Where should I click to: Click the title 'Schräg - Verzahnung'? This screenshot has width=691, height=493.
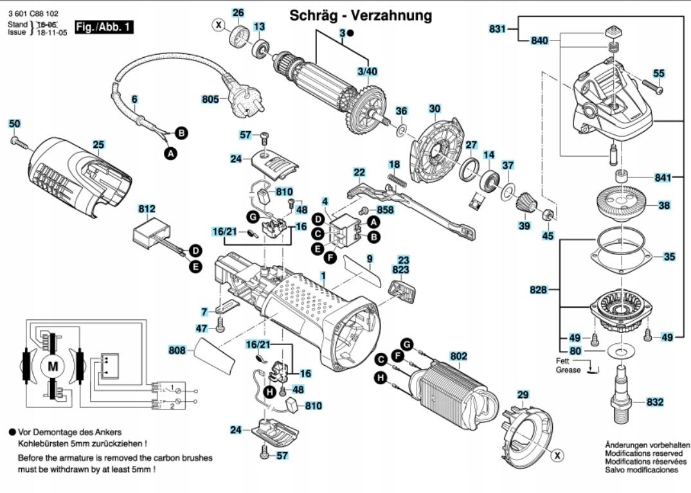click(x=360, y=14)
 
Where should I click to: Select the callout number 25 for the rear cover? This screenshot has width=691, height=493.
click(x=98, y=145)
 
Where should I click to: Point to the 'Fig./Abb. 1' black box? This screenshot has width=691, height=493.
click(x=104, y=27)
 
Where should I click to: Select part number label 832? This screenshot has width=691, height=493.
click(x=654, y=402)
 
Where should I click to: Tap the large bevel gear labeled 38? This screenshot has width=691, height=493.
click(x=623, y=204)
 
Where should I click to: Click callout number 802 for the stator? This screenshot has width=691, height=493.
click(x=459, y=355)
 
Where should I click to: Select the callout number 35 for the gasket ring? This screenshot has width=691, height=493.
click(x=670, y=256)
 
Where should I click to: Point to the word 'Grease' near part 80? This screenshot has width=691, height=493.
click(x=568, y=370)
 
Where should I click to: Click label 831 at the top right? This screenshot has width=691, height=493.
click(x=497, y=29)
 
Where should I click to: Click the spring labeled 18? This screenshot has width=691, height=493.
click(x=396, y=179)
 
